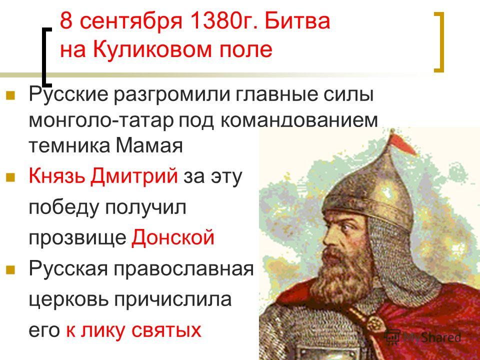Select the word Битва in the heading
[297, 21]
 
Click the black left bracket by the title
[46, 56]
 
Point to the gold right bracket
[439, 42]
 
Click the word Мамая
[149, 145]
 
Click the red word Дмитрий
[134, 176]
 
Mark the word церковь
[69, 299]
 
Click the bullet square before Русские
[10, 95]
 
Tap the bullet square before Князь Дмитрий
[10, 177]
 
